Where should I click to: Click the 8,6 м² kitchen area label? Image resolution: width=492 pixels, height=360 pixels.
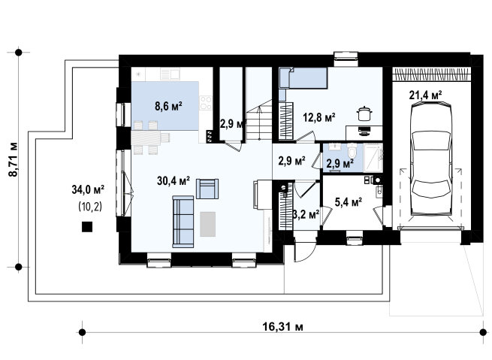(168, 106)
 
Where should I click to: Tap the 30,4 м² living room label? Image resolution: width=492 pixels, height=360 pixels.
(174, 181)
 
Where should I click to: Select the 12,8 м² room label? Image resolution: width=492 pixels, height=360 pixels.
(319, 117)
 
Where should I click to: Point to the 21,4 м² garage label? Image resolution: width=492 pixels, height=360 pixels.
(425, 95)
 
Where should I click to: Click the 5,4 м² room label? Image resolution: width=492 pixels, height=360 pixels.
(349, 202)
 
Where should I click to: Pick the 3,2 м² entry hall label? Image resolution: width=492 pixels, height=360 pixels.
(306, 215)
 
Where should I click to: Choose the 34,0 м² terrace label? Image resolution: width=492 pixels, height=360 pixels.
(88, 189)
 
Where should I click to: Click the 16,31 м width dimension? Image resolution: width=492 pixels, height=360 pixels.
(282, 327)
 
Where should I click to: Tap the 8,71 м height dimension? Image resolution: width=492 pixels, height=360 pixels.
(14, 160)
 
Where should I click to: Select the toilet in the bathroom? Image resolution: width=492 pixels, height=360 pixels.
(353, 151)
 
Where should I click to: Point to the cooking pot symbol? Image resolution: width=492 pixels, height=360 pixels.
(364, 113)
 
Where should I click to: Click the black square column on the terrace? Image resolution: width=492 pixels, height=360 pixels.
(87, 227)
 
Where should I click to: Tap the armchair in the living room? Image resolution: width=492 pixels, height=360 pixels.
(207, 189)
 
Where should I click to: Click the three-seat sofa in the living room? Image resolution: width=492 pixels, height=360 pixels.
(183, 222)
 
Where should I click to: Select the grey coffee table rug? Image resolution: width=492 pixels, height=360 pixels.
(208, 224)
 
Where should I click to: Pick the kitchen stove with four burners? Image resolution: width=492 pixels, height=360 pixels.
(206, 103)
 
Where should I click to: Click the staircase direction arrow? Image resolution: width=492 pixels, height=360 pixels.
(259, 123)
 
